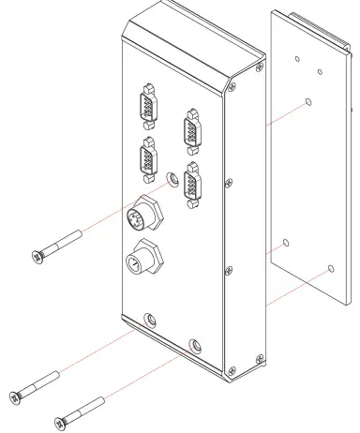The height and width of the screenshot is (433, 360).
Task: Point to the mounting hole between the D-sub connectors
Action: click(171, 177)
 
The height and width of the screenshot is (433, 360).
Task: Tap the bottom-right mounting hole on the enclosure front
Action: click(194, 344)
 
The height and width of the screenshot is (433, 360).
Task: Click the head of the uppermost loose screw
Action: click(36, 256)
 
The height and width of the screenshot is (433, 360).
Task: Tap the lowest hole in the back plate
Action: click(331, 270)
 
